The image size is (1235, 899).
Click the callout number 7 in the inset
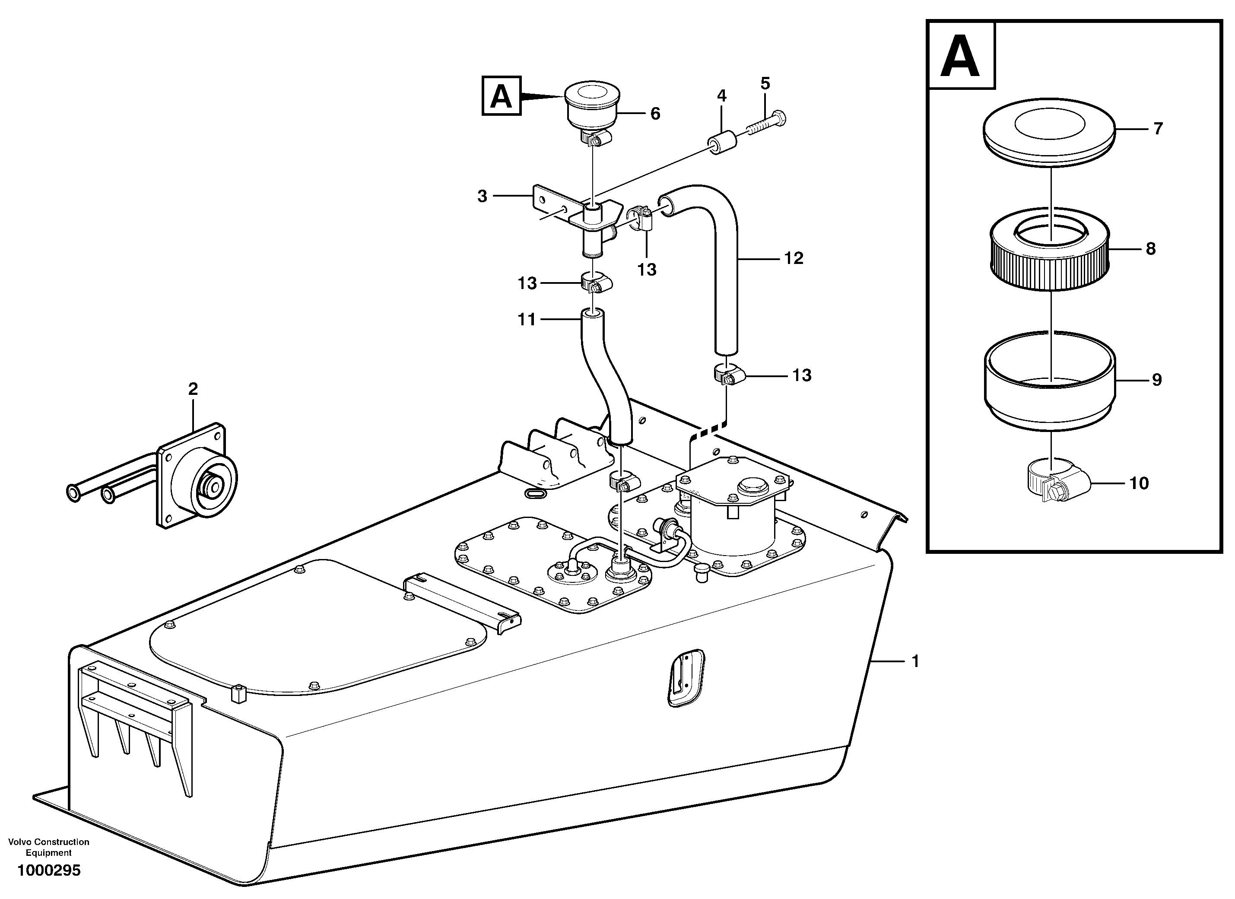[1158, 128]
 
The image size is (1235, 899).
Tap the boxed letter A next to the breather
[502, 96]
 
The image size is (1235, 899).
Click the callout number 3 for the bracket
[482, 196]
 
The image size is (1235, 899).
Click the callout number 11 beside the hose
[527, 320]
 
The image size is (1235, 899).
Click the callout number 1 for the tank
[915, 661]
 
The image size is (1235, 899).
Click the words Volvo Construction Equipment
[49, 847]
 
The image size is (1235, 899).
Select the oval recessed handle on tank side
[686, 678]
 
